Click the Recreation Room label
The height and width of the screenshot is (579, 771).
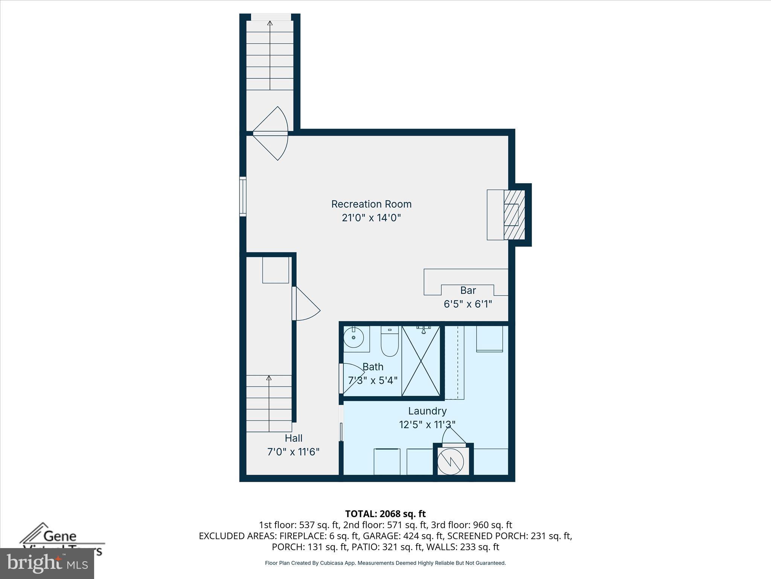[x=371, y=204]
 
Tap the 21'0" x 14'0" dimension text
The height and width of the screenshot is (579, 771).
[x=371, y=218]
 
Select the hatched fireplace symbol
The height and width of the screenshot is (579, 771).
[x=514, y=214]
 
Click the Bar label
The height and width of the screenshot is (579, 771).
[x=468, y=290]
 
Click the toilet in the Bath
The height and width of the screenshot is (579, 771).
[x=390, y=342]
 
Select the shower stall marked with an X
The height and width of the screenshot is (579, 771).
[x=421, y=361]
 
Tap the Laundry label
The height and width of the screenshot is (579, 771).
[x=427, y=411]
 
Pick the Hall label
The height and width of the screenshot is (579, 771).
[x=293, y=438]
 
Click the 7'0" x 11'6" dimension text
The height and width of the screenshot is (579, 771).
[x=293, y=452]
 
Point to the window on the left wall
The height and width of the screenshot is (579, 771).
[x=243, y=196]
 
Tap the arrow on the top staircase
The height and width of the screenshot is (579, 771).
[x=270, y=23]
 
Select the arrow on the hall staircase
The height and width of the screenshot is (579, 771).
[x=269, y=378]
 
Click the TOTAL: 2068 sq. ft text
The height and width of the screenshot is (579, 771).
[x=385, y=514]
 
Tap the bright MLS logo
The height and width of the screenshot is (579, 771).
[x=47, y=563]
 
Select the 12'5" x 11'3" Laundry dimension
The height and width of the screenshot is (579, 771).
[x=427, y=425]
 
